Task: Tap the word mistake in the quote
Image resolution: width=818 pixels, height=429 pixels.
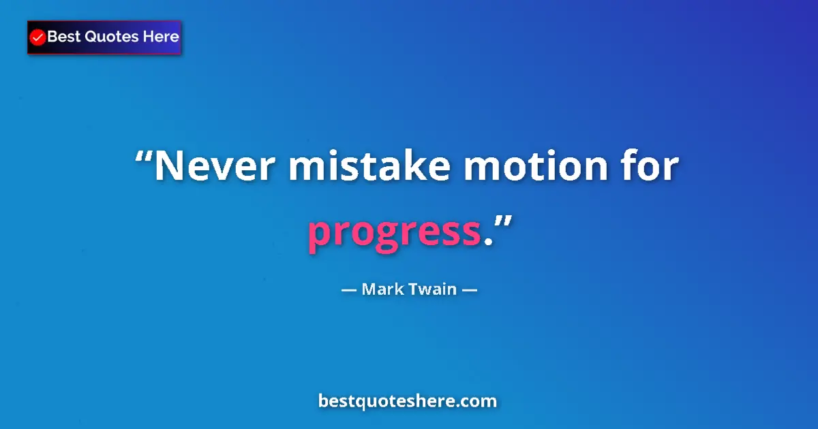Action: [369, 168]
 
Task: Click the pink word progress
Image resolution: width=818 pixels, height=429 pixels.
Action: [395, 234]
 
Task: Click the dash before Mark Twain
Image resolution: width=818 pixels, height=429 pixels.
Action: [349, 289]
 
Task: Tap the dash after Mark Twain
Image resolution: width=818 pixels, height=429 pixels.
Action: [469, 289]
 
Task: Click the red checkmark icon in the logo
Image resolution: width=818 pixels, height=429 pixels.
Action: [38, 37]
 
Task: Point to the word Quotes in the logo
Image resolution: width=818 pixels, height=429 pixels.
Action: [112, 37]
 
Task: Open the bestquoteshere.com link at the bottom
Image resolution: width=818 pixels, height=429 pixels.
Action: [408, 401]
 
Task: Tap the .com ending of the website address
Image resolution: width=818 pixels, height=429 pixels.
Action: [478, 401]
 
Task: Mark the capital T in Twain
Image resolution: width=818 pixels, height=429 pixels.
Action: [412, 289]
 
